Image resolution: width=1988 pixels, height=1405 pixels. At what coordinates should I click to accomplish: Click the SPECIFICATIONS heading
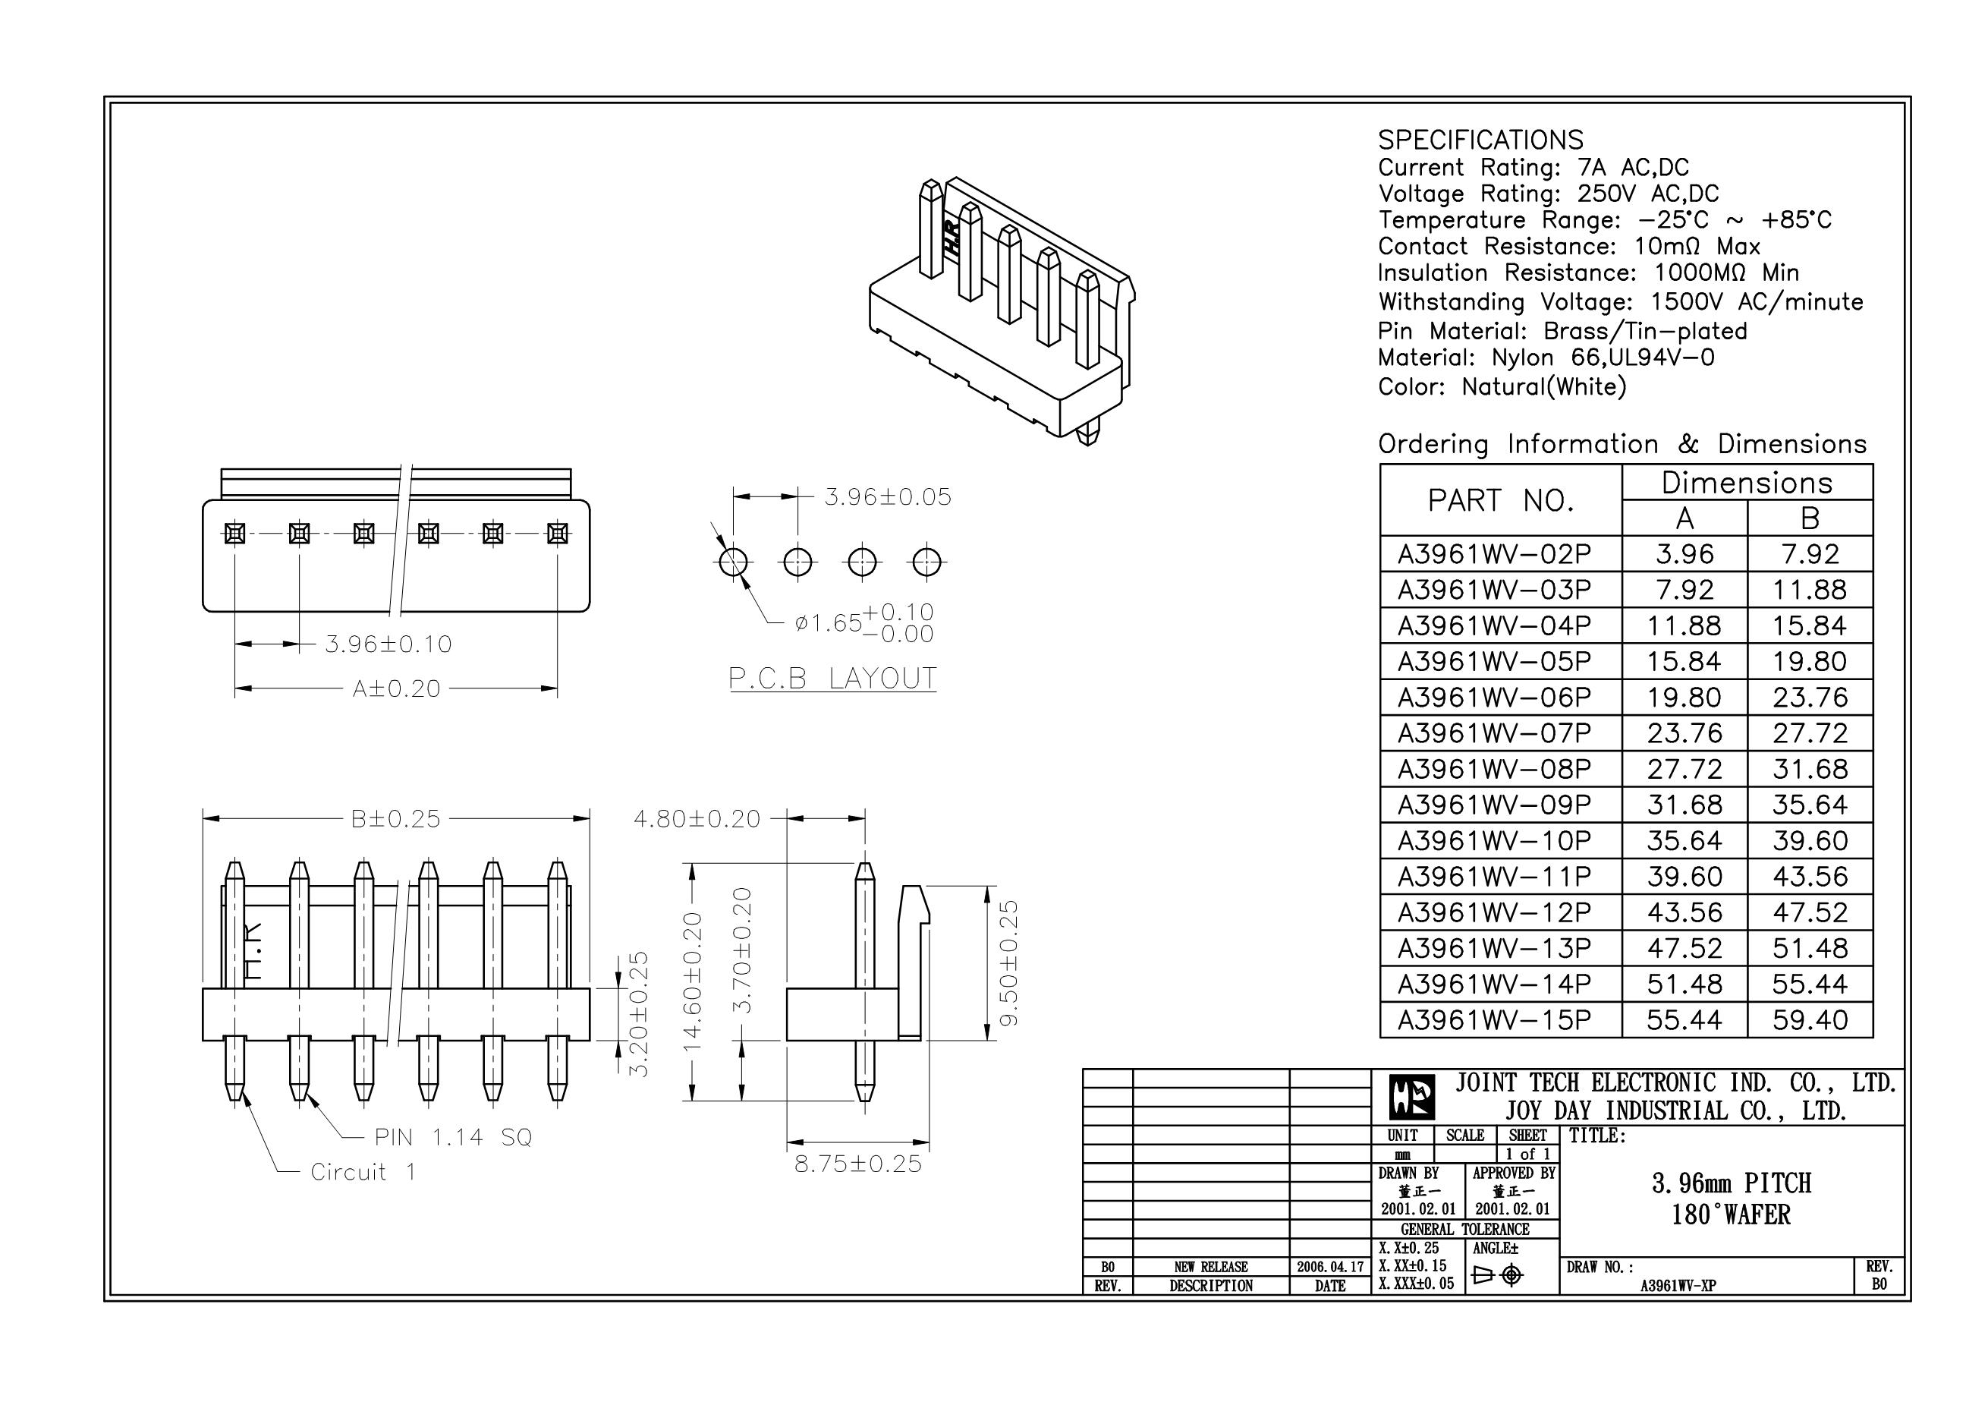pyautogui.click(x=1480, y=140)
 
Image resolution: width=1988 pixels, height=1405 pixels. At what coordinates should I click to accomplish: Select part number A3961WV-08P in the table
pyautogui.click(x=1495, y=769)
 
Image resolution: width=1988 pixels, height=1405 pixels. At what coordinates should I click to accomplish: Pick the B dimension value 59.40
pyautogui.click(x=1810, y=1020)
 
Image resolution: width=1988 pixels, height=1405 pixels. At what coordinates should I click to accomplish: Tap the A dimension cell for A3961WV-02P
pyautogui.click(x=1684, y=554)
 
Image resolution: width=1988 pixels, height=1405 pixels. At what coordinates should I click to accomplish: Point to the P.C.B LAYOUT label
pyautogui.click(x=832, y=679)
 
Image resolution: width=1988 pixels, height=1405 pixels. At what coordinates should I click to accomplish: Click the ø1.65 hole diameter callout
pyautogui.click(x=829, y=623)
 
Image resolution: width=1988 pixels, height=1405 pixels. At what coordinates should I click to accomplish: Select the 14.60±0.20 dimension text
pyautogui.click(x=693, y=981)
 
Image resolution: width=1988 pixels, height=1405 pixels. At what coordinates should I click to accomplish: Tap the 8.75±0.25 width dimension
pyautogui.click(x=858, y=1164)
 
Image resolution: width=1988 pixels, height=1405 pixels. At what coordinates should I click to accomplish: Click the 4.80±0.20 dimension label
pyautogui.click(x=697, y=818)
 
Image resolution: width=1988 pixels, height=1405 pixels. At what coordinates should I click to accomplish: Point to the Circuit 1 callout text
pyautogui.click(x=363, y=1173)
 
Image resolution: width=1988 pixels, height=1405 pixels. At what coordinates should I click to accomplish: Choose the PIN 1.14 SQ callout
pyautogui.click(x=453, y=1137)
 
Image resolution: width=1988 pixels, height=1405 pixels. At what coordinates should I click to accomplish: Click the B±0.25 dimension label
pyautogui.click(x=395, y=818)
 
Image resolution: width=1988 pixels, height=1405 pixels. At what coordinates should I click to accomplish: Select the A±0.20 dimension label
pyautogui.click(x=397, y=689)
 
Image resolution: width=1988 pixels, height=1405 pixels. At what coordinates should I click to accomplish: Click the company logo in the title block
pyautogui.click(x=1411, y=1098)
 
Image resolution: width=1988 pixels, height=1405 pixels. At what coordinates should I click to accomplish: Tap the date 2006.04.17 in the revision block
pyautogui.click(x=1330, y=1266)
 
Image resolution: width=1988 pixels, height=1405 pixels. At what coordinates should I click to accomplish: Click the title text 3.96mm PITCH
pyautogui.click(x=1731, y=1183)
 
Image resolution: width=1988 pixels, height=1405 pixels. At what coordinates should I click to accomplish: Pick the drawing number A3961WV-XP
pyautogui.click(x=1677, y=1286)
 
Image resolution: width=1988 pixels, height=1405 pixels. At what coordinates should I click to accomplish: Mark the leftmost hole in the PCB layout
pyautogui.click(x=734, y=562)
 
